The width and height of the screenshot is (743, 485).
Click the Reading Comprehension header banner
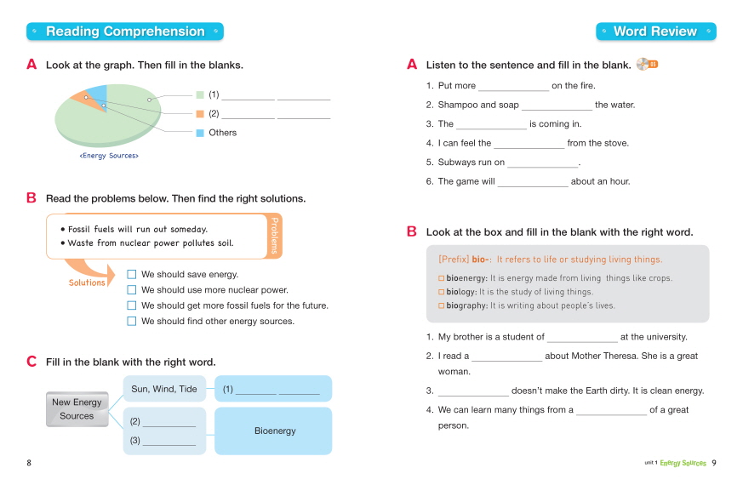[125, 31]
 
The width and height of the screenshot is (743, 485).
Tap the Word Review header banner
[655, 31]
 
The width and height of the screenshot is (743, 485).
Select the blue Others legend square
[201, 133]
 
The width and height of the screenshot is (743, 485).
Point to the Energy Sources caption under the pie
[109, 156]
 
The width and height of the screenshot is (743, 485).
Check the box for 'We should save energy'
[132, 274]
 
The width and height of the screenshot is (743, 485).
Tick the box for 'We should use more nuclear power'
[132, 289]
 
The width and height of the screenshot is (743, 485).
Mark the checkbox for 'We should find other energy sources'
[132, 321]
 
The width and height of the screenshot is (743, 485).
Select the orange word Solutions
[87, 282]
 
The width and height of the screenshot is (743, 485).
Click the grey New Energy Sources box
[77, 409]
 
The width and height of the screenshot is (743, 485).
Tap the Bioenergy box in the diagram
[274, 431]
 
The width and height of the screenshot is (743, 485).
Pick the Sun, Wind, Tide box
[164, 389]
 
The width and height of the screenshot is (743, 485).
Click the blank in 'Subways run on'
[542, 163]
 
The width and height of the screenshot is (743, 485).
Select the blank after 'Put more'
[513, 86]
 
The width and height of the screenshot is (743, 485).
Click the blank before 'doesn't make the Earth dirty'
[473, 391]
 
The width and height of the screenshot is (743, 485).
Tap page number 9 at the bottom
[714, 463]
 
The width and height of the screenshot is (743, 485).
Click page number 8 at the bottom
[29, 463]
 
